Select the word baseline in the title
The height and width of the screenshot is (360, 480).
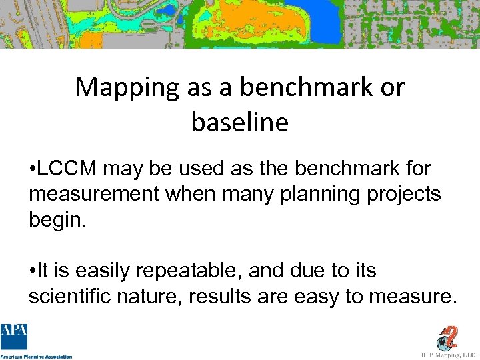[x=240, y=122]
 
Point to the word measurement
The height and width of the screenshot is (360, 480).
[x=93, y=194]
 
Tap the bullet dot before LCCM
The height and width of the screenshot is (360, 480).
[x=33, y=169]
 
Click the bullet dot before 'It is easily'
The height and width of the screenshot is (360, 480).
[x=33, y=271]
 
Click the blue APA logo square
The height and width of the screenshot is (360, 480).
[x=14, y=336]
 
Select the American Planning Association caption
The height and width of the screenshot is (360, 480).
[x=36, y=356]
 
